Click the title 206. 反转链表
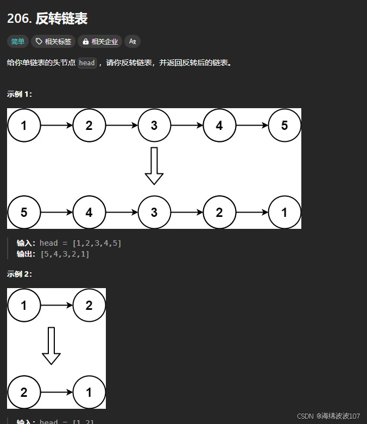tap(47, 19)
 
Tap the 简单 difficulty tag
tap(18, 41)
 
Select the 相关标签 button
tap(53, 41)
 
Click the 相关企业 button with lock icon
tap(100, 41)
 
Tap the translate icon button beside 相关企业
tap(132, 41)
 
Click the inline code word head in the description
tap(87, 63)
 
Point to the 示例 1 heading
tap(20, 94)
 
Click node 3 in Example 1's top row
tap(154, 126)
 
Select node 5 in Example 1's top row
tap(284, 126)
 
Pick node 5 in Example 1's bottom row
tap(24, 212)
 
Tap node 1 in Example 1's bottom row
tap(284, 212)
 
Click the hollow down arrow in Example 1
tap(154, 166)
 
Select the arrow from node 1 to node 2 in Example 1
tap(56, 126)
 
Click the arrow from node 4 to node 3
tap(122, 212)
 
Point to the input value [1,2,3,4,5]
tap(97, 243)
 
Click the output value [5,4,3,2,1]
tap(65, 254)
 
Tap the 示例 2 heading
tap(20, 274)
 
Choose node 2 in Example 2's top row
tap(89, 305)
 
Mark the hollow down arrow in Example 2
tap(52, 346)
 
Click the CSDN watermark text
tap(328, 416)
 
